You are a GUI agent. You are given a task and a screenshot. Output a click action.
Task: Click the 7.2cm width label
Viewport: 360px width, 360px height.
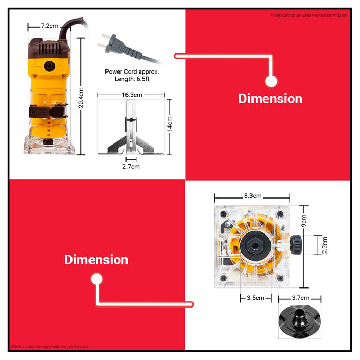49,26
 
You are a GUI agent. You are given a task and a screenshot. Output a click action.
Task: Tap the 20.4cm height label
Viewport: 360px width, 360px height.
81,98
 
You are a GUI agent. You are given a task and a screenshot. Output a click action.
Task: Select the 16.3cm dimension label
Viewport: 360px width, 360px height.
132,95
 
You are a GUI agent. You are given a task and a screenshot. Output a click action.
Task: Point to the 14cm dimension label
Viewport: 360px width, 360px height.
169,124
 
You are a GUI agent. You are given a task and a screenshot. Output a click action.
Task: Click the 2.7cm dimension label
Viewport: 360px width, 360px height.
131,167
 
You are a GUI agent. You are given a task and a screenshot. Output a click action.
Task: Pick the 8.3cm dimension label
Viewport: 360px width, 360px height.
253,196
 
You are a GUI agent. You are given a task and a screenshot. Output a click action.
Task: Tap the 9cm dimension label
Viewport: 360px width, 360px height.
304,221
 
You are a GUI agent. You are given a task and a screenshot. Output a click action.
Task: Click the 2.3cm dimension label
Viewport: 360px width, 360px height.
325,245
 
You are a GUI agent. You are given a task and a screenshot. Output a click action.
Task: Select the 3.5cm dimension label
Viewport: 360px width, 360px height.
256,298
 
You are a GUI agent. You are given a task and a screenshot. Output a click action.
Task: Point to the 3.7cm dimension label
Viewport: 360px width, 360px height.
300,298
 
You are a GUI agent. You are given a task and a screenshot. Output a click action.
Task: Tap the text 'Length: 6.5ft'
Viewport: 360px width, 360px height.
132,79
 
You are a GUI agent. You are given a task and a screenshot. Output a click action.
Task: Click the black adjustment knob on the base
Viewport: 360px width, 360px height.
296,244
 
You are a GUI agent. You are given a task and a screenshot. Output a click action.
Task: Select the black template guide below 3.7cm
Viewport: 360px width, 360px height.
300,321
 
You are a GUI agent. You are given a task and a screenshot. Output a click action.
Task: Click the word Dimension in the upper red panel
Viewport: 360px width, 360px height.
270,99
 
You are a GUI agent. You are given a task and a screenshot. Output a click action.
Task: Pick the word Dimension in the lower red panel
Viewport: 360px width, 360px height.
96,260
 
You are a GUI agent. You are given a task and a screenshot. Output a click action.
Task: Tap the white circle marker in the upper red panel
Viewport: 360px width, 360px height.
271,81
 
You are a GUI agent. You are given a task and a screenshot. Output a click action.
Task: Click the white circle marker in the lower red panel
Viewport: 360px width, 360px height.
97,279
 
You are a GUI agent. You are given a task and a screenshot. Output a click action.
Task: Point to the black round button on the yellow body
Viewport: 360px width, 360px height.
49,66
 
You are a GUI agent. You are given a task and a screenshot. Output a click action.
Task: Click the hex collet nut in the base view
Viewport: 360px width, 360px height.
255,246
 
